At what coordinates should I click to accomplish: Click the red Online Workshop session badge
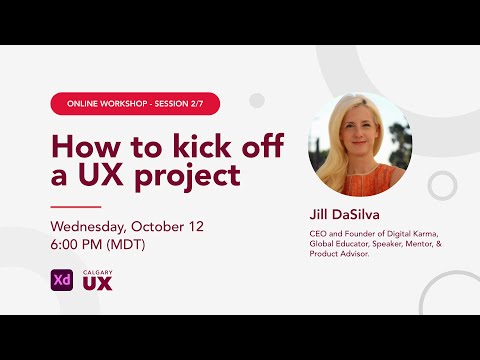coord(135,104)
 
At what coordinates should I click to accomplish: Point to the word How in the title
coord(86,144)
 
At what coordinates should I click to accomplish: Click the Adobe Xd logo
coord(62,280)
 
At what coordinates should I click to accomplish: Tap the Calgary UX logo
coord(97,280)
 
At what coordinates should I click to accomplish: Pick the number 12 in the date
coord(194,226)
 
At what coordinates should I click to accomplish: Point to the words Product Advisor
coord(344,253)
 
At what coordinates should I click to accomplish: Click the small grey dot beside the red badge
coord(257,100)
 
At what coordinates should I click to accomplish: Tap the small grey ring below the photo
coord(441,187)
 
